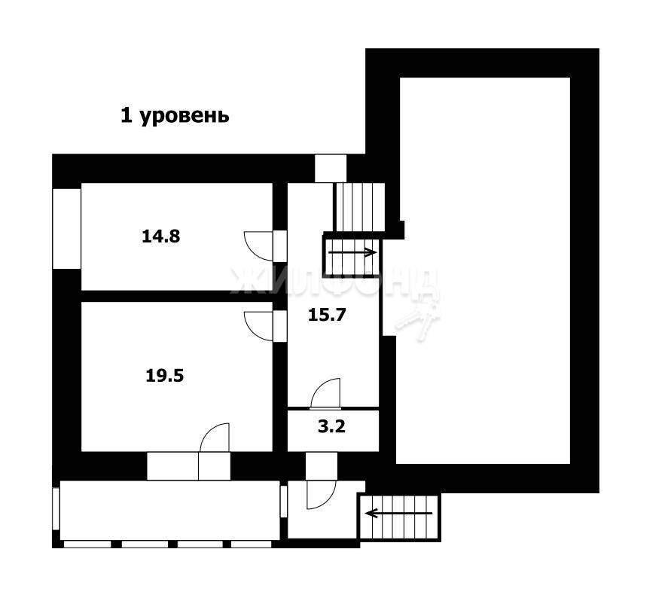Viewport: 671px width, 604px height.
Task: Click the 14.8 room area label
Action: tap(161, 236)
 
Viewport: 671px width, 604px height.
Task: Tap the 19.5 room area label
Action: tap(165, 376)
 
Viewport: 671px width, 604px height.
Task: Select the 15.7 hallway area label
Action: tap(327, 315)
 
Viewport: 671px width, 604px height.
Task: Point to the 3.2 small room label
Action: tap(331, 426)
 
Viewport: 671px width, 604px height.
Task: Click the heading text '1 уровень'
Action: tap(175, 115)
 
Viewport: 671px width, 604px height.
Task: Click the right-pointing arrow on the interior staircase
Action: tap(352, 252)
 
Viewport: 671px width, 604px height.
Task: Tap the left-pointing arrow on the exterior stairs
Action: tap(399, 512)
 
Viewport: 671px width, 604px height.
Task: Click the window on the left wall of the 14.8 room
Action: tap(67, 229)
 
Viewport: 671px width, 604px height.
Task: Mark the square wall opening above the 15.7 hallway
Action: tap(331, 168)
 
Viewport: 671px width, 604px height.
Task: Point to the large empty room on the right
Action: tap(483, 270)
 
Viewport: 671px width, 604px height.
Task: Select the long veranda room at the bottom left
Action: tap(170, 511)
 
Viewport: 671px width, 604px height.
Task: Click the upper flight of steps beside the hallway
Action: tap(360, 207)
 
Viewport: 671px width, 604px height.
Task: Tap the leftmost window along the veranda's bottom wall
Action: tap(87, 544)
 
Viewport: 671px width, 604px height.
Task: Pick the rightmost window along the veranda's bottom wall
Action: tap(252, 544)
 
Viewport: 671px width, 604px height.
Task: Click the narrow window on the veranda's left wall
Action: tap(56, 508)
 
